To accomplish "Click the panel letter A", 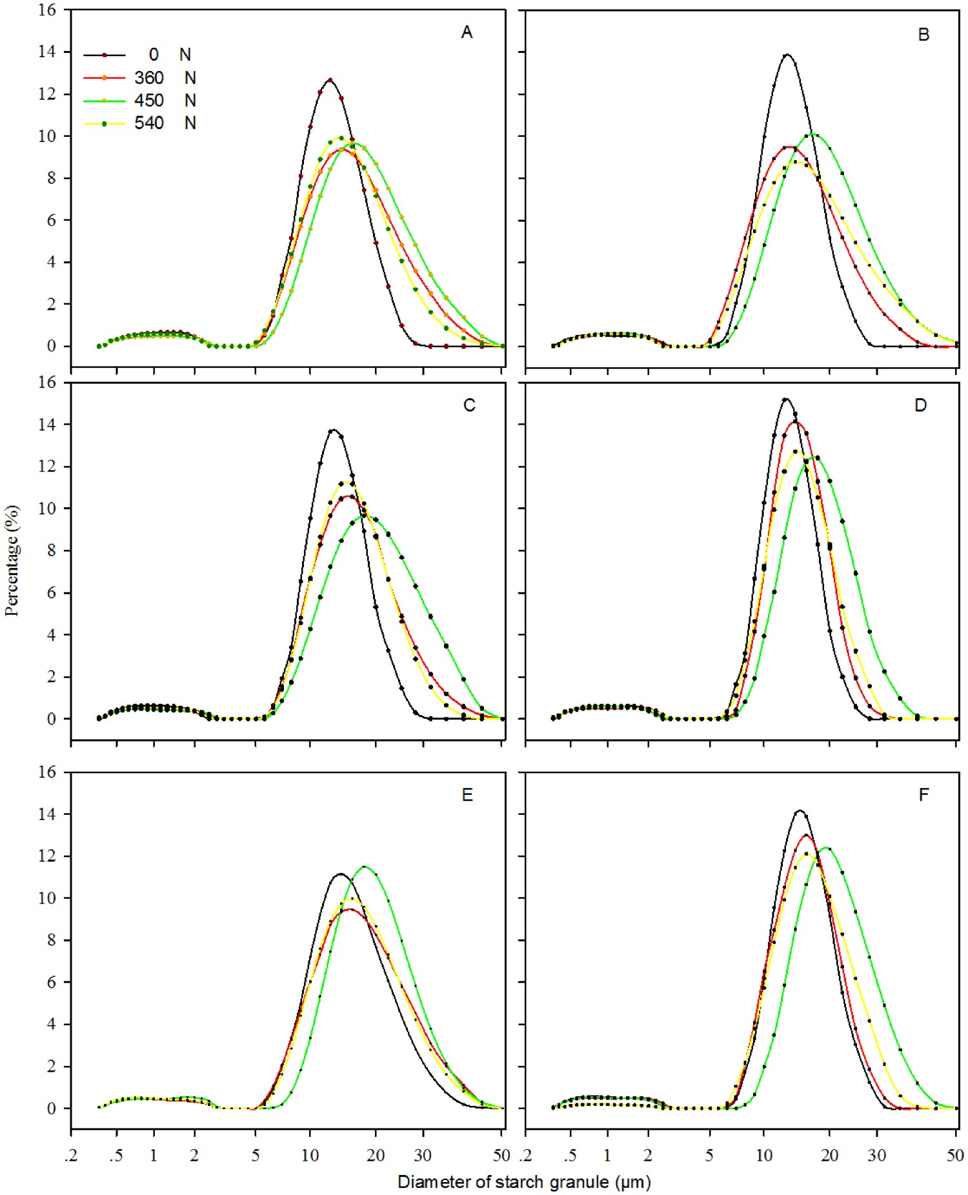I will (467, 32).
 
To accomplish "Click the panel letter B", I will (923, 34).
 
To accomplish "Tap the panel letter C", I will (469, 405).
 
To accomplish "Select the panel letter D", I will (920, 405).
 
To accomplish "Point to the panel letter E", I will (467, 794).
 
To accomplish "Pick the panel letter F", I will (923, 794).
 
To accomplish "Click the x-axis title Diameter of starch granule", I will (524, 1182).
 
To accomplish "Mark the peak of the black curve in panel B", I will (787, 55).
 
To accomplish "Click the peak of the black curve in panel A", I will (330, 80).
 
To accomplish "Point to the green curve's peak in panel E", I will (365, 867).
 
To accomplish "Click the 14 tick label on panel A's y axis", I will (47, 52).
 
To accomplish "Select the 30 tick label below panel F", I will (876, 1155).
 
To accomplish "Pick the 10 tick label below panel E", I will (310, 1155).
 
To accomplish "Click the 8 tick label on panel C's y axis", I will (52, 550).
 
